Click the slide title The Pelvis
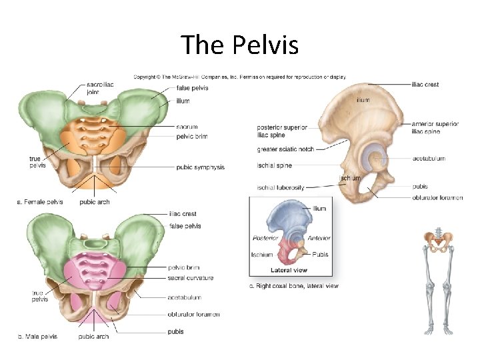[240, 45]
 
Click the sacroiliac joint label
[100, 89]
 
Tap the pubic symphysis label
[200, 167]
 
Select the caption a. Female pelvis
[40, 201]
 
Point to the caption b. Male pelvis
[37, 336]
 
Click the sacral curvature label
[191, 277]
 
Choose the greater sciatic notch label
[285, 149]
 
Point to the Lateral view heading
[289, 271]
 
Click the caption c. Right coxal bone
[293, 286]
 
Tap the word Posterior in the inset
[265, 238]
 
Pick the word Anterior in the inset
[319, 238]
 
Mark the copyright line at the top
[240, 77]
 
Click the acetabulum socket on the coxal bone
[374, 159]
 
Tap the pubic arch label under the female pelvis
[94, 201]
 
